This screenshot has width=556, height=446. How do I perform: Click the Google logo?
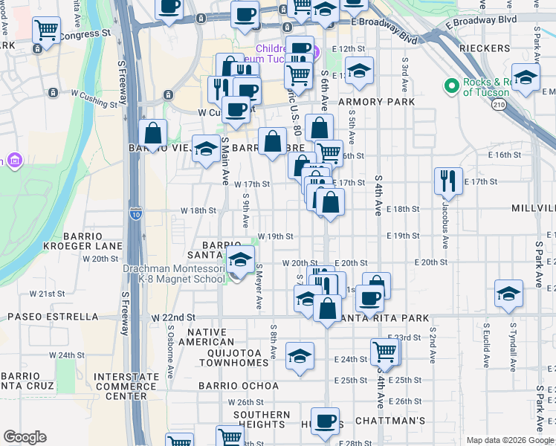(25, 437)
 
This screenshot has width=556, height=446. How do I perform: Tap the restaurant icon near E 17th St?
(448, 180)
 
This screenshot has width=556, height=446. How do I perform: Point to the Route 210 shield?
(499, 105)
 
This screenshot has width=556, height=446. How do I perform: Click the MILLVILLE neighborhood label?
(533, 208)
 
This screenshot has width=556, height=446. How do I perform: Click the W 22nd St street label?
(173, 317)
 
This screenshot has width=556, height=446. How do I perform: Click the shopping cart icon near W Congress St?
(46, 30)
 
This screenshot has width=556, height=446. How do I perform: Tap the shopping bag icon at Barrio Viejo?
(152, 133)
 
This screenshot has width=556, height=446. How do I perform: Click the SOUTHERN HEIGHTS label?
(262, 419)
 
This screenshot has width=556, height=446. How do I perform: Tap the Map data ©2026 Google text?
(509, 440)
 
